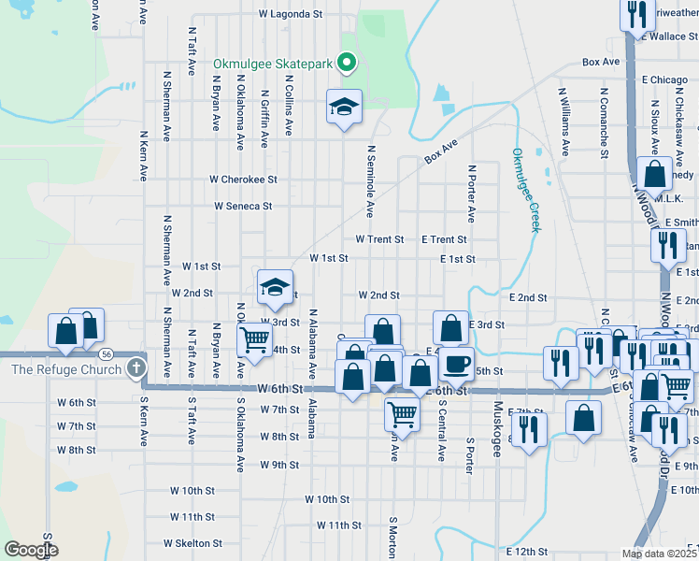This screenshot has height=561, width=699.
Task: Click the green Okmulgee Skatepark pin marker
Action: tap(347, 64)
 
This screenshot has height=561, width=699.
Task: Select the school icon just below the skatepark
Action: tap(344, 108)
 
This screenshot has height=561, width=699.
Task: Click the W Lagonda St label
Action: tap(290, 15)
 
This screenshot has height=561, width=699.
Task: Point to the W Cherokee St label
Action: tap(243, 179)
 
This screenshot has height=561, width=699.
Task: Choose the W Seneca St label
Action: tap(243, 206)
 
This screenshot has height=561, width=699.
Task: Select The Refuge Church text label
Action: tap(66, 369)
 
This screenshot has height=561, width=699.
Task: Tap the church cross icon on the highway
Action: tap(137, 368)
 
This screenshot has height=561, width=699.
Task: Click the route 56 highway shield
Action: tap(107, 354)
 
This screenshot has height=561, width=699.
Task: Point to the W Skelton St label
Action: tap(193, 542)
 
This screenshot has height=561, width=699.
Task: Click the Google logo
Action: tap(32, 550)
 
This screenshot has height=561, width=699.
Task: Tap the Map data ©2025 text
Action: tap(659, 554)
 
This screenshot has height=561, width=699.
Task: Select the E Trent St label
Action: tap(444, 239)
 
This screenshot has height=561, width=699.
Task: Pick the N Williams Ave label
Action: tap(564, 122)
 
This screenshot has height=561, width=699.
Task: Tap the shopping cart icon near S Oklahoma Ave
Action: tap(254, 341)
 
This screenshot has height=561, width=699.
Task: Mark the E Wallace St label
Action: tap(668, 36)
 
